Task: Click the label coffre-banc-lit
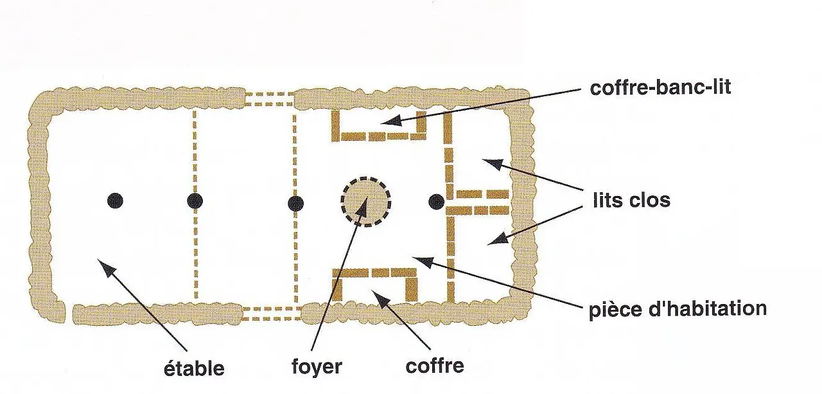coord(660,87)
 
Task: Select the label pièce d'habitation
coord(678,309)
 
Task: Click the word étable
coord(193,369)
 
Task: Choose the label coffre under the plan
coord(435,366)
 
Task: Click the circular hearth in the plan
coord(365,201)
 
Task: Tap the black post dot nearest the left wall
coord(115,201)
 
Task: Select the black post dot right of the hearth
coord(436,201)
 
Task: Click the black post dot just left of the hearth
coord(295,204)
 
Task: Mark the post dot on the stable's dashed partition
coord(195,201)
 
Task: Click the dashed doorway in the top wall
coord(269,99)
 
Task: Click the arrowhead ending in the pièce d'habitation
coord(417,258)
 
